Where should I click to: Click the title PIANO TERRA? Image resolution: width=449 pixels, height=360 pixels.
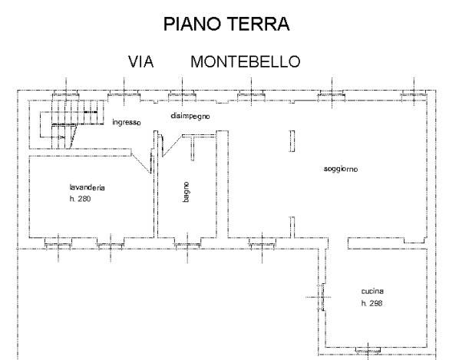click(x=227, y=25)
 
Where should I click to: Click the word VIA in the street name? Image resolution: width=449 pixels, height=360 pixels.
click(x=141, y=62)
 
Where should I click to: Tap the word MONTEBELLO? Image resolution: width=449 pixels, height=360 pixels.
click(x=245, y=62)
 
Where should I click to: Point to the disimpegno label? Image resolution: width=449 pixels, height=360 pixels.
click(x=190, y=115)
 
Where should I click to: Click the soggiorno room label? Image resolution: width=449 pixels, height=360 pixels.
click(x=342, y=169)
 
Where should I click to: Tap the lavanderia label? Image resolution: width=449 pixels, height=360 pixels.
click(x=86, y=187)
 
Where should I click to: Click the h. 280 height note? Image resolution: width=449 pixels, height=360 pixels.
click(x=79, y=200)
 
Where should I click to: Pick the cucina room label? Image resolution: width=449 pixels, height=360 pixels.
click(x=372, y=291)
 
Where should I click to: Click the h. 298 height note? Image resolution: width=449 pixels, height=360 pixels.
click(x=372, y=304)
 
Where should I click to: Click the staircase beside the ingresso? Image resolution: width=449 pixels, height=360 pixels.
click(x=68, y=123)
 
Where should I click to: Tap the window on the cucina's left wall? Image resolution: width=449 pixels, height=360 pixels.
click(x=322, y=296)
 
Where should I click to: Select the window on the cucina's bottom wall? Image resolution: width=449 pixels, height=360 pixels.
click(x=368, y=350)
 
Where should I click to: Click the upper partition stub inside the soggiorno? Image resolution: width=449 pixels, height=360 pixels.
click(x=292, y=142)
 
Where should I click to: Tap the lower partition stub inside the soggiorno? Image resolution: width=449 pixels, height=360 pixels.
click(x=292, y=227)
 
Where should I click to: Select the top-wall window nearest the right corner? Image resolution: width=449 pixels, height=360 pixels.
click(x=412, y=94)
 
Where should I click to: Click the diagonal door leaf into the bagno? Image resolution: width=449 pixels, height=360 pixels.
click(x=173, y=145)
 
